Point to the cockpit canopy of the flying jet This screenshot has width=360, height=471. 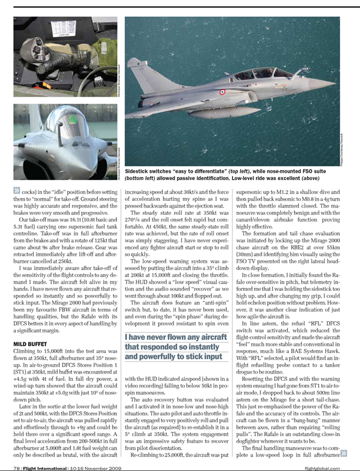pyautogui.click(x=260, y=73)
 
